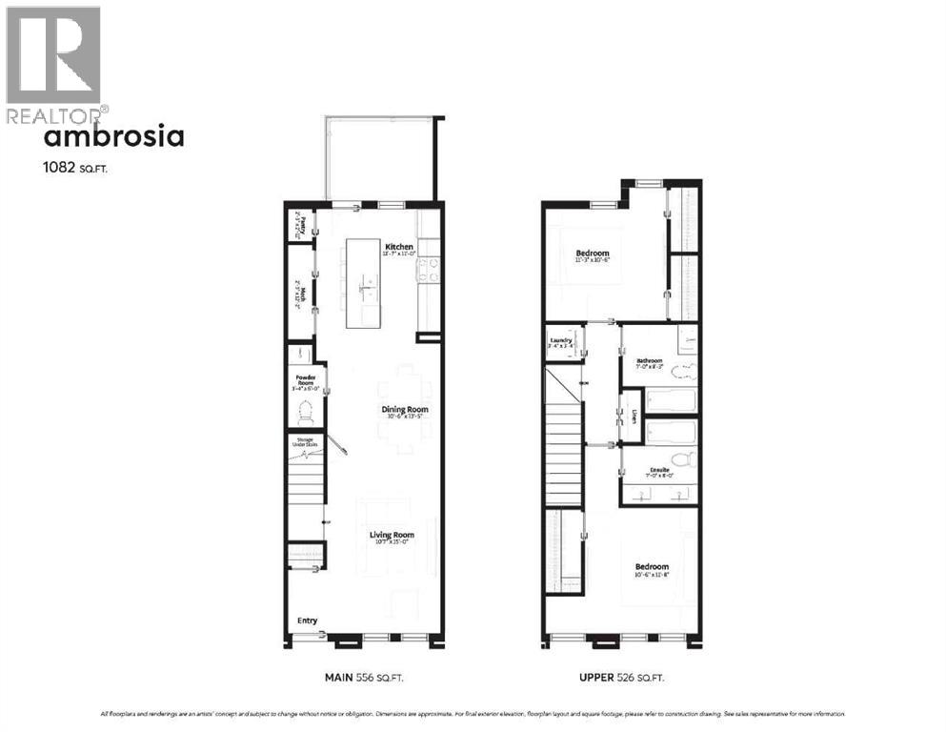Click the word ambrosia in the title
[x=114, y=136]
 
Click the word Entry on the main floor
[x=307, y=620]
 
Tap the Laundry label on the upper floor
[x=560, y=340]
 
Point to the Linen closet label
[x=634, y=417]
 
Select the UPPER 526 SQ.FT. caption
[x=620, y=678]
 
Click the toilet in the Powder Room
[x=306, y=414]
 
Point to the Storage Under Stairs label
[x=306, y=442]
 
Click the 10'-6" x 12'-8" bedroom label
[x=653, y=570]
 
